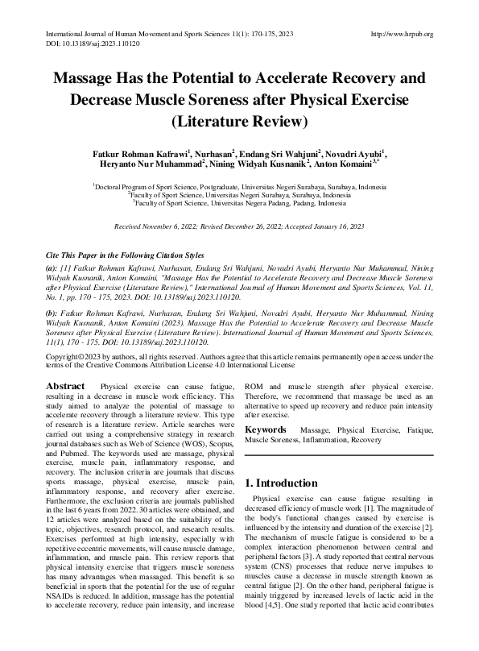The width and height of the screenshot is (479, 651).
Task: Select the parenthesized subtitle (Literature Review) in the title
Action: pyautogui.click(x=239, y=122)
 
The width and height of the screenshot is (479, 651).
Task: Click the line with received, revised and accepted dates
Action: pyautogui.click(x=239, y=227)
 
